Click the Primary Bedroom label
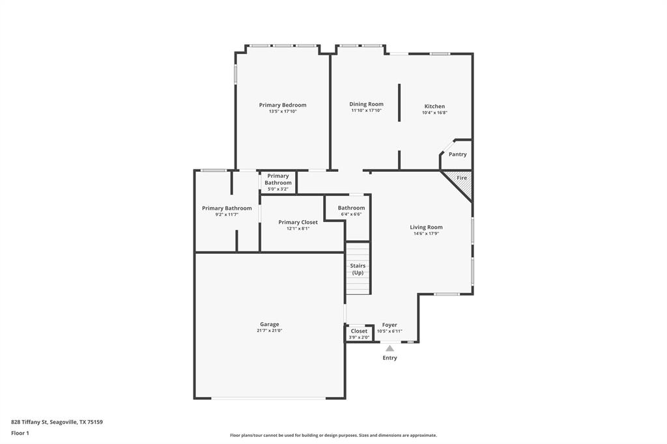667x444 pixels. [x=282, y=105]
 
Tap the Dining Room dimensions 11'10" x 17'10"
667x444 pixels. [x=366, y=111]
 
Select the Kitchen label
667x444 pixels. [x=434, y=106]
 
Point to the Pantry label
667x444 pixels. [x=457, y=154]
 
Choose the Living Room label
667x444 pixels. [x=426, y=227]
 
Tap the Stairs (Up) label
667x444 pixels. [x=358, y=269]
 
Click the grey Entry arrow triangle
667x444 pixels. [x=390, y=348]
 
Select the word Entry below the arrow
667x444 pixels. [x=390, y=358]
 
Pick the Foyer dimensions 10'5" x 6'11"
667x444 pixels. [x=390, y=331]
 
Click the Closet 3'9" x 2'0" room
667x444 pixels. [x=359, y=333]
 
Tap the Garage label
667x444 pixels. [x=270, y=324]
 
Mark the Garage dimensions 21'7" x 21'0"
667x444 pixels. [x=270, y=331]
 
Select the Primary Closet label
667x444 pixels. [x=298, y=222]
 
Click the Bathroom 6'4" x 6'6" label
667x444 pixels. [x=351, y=208]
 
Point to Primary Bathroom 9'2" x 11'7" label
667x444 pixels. [x=227, y=208]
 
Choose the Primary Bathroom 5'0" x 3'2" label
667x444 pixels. [x=278, y=180]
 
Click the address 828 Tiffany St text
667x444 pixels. [x=57, y=422]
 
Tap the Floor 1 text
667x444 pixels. [x=20, y=433]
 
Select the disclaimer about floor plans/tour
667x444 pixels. [x=333, y=436]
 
